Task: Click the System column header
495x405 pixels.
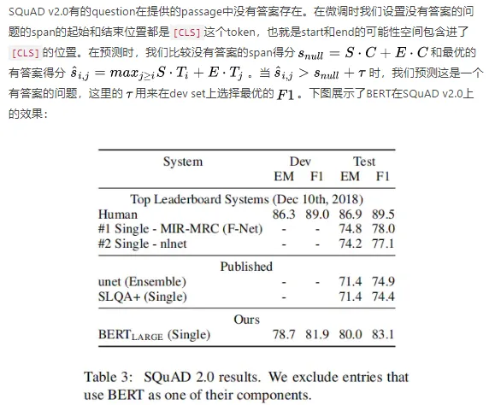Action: coord(183,161)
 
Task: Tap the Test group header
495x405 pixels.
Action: coord(364,161)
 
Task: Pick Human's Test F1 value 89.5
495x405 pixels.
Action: coord(384,214)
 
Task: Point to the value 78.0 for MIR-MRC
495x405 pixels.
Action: coord(384,228)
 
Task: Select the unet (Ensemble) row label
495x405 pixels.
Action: coord(143,281)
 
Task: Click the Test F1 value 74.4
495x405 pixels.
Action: coord(384,296)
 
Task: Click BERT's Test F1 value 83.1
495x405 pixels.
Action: coord(384,334)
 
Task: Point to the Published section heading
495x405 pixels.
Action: coord(246,267)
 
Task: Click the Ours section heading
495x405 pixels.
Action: coord(246,320)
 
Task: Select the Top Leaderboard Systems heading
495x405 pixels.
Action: coord(246,199)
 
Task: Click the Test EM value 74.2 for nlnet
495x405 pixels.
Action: coord(351,244)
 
